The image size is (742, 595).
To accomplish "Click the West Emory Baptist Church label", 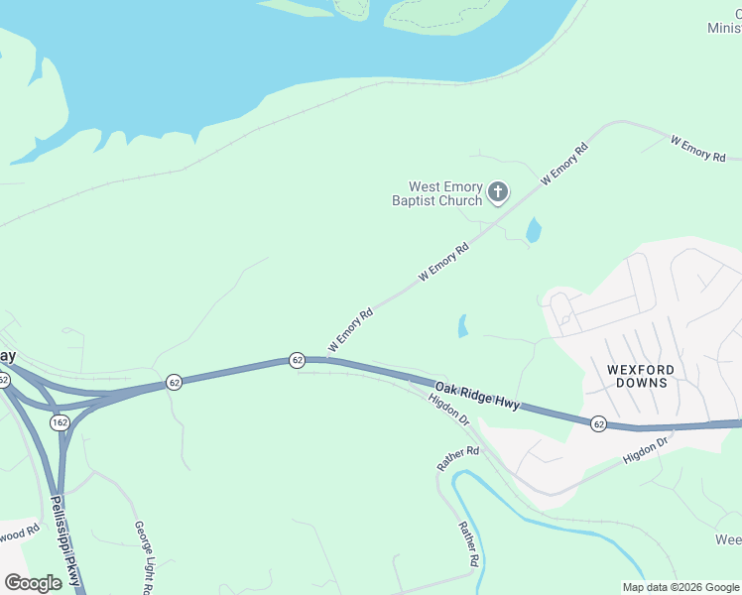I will click(445, 193).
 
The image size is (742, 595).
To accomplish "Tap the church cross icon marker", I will click(498, 192).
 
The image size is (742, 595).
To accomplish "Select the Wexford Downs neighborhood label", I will click(640, 376).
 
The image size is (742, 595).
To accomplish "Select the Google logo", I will click(33, 583).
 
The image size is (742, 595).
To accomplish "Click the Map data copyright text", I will click(681, 587).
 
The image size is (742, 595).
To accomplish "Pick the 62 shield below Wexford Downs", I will click(598, 423).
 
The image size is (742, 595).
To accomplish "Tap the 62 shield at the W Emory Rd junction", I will click(297, 360).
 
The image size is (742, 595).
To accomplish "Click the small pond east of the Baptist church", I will click(534, 231).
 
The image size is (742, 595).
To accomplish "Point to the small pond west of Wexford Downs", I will click(462, 325).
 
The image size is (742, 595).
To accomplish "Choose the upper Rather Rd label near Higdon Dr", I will click(458, 458).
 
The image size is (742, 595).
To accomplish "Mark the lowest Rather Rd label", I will click(468, 544).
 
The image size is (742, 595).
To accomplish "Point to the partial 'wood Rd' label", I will click(19, 532).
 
